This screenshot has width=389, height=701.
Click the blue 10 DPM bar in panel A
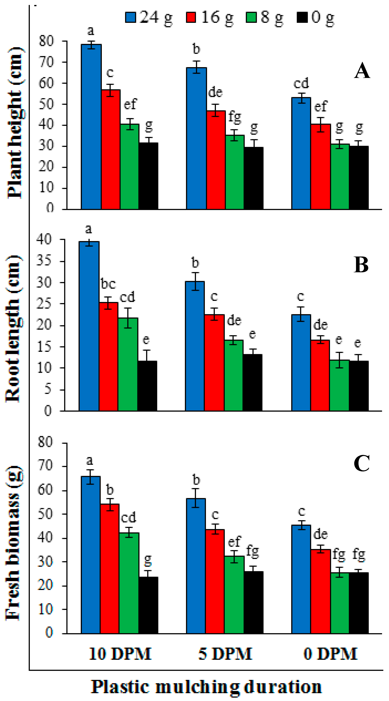91,126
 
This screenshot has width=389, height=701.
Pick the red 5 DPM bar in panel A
216,160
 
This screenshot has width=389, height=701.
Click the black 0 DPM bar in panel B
359,386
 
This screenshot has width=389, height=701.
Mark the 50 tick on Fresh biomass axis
45,514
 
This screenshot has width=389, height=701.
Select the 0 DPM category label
330,654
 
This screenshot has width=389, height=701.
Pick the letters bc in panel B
108,284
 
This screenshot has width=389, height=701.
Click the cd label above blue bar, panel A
301,83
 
